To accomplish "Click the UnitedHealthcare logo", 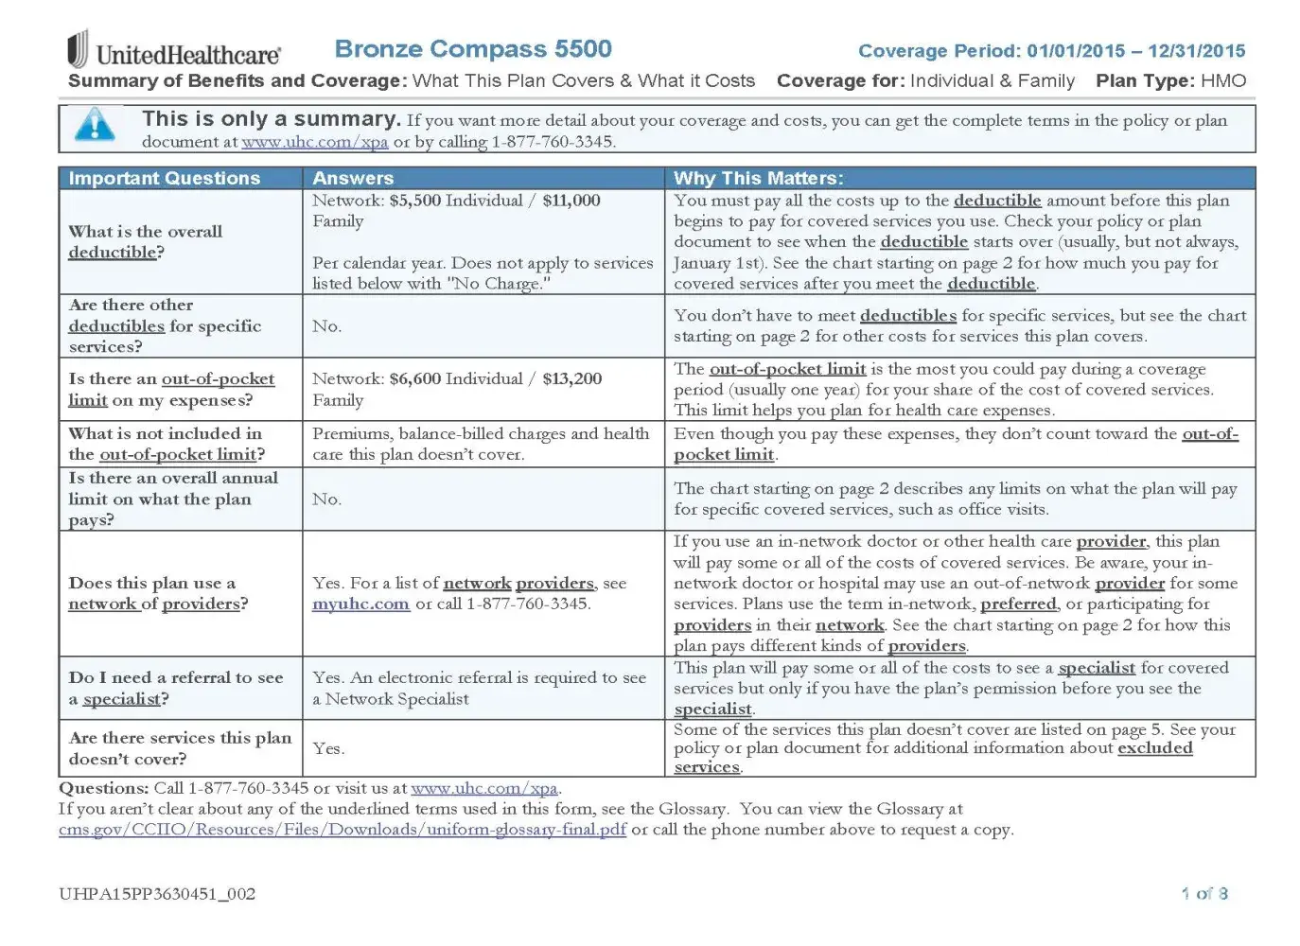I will point(174,52).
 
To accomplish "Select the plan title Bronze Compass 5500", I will point(473,49).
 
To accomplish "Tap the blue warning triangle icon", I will point(95,125).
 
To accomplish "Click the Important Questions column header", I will point(164,179).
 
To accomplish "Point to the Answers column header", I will point(353,179).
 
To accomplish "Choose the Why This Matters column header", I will point(758,179).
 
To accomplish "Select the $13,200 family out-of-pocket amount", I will point(571,379).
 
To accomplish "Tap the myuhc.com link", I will point(360,604).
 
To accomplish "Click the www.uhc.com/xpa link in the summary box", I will point(314,142).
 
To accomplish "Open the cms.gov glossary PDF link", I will point(343,830).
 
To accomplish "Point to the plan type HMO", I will point(1223,81).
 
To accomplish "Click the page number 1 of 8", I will point(1203,894).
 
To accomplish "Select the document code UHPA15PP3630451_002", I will point(157,894).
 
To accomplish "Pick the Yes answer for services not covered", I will point(328,748).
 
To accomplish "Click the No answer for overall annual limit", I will point(326,499).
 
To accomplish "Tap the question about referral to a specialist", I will point(175,689).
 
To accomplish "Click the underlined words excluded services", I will point(1154,748).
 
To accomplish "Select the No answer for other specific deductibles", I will point(326,326).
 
